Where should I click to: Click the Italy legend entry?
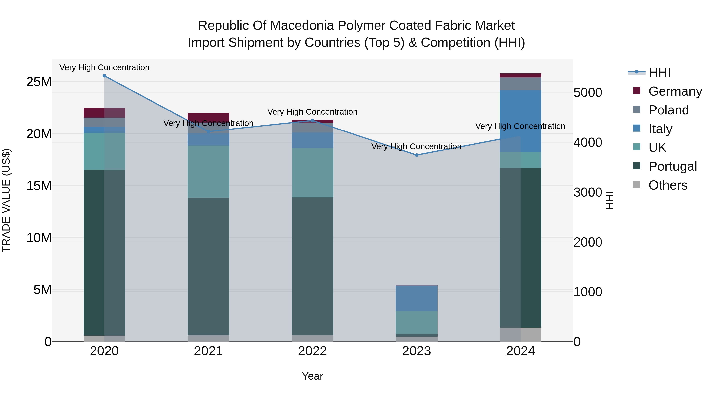coord(660,129)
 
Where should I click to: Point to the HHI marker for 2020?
coord(104,76)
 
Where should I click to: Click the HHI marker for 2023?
coord(417,155)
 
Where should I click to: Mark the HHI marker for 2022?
coord(313,120)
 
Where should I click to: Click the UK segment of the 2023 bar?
coord(417,322)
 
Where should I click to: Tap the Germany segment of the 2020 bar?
coord(104,113)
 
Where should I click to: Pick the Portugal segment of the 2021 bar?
coord(208,267)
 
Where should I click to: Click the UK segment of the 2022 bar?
coord(313,172)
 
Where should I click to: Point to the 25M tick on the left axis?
coord(39,82)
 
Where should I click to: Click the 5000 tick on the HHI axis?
coord(588,92)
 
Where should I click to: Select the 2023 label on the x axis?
coord(417,351)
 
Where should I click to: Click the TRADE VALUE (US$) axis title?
coord(6,200)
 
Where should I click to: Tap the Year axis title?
coord(313,376)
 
